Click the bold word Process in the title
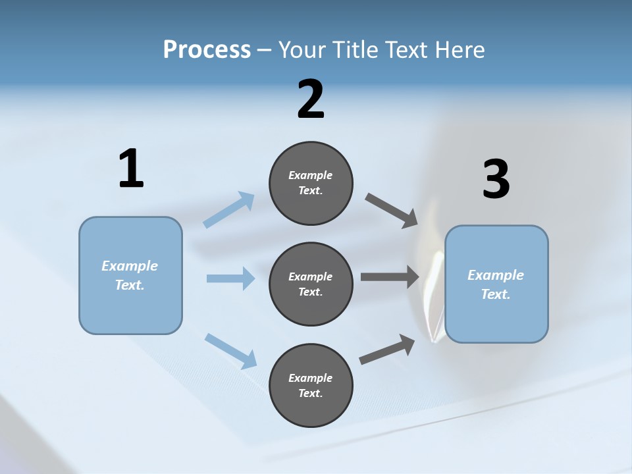(207, 50)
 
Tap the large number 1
(131, 169)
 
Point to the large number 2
(311, 99)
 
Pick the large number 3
(496, 180)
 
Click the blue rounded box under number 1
(130, 276)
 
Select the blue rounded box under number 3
(496, 284)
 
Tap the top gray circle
(311, 183)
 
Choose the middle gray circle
(311, 284)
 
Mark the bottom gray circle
(311, 386)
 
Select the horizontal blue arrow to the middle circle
(230, 278)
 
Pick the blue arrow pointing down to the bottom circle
(230, 351)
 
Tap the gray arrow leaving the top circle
(392, 211)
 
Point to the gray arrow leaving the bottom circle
(387, 350)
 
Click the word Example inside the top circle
(311, 175)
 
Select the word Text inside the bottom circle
(309, 394)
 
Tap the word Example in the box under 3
(496, 275)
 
